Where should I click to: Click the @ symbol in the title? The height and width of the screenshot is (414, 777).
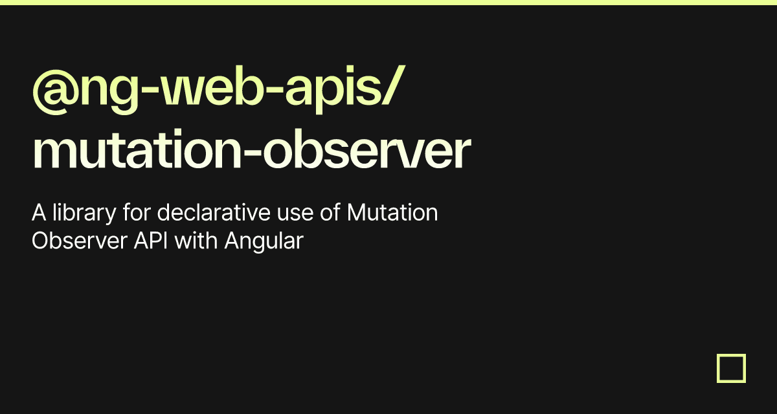point(56,92)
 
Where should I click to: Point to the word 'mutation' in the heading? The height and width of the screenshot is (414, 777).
point(137,149)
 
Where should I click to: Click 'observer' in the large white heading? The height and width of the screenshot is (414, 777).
point(366,149)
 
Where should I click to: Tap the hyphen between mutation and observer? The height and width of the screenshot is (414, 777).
point(252,152)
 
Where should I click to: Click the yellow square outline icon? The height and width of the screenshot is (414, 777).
point(731,368)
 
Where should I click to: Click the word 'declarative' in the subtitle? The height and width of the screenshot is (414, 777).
point(214,212)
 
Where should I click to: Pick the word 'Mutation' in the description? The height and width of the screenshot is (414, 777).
point(392,212)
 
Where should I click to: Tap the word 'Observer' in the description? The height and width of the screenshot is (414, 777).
point(80,241)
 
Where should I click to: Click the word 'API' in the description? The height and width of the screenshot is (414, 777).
point(150,241)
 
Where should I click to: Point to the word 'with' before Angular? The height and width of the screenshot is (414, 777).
point(196,240)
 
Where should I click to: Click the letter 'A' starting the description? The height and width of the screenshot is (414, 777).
point(39,212)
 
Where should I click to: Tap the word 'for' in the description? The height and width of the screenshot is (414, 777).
point(137,212)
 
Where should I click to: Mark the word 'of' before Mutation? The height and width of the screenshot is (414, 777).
point(330,212)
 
